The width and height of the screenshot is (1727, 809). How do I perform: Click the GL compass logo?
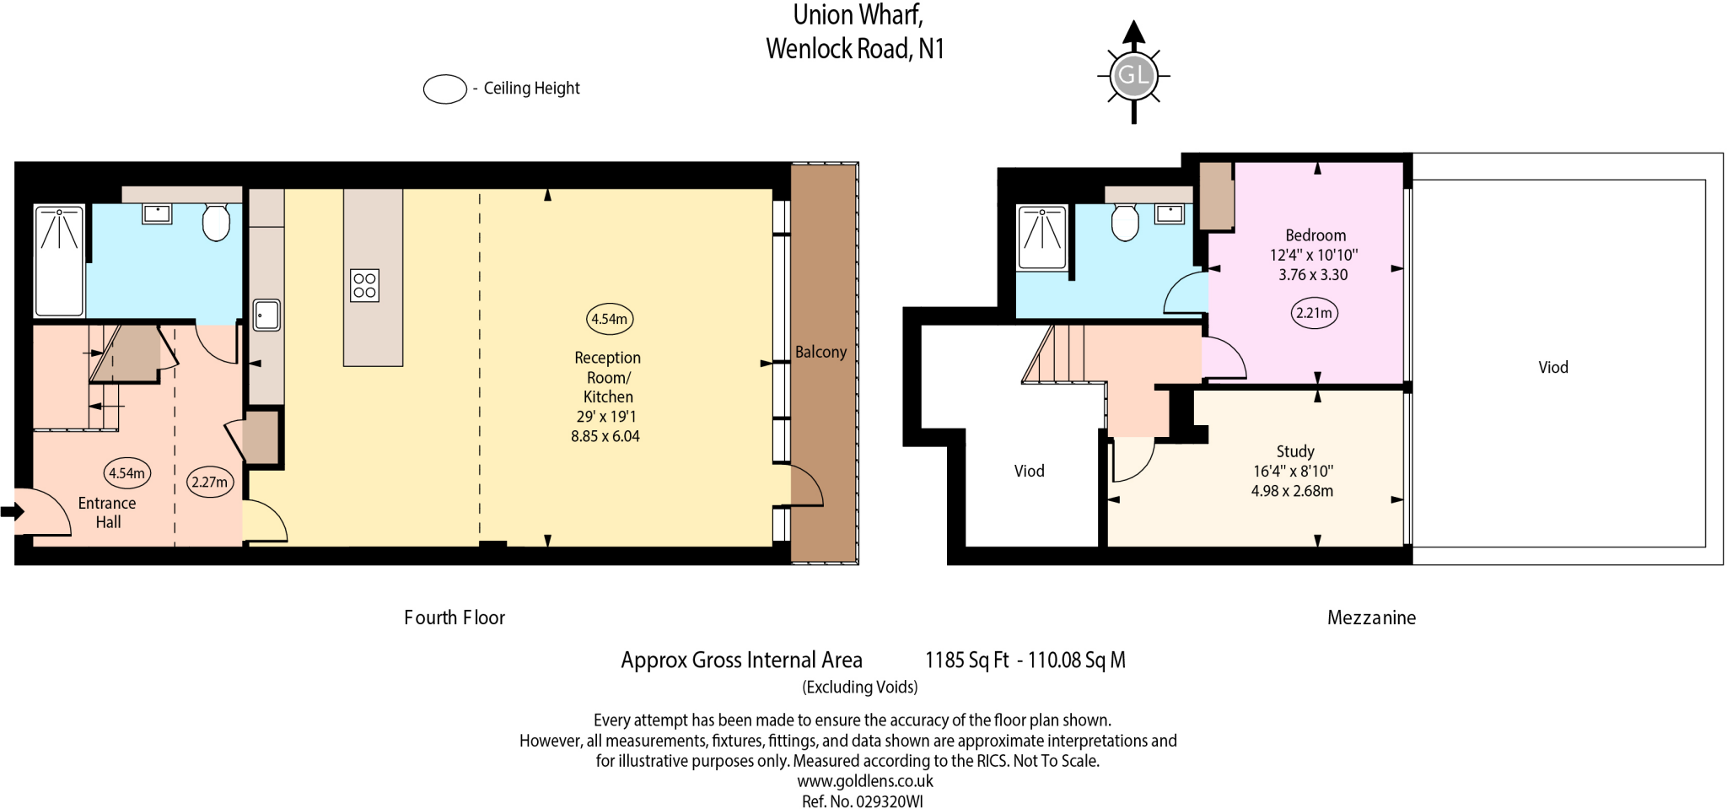(1133, 76)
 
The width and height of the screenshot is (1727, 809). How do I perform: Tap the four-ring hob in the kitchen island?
(364, 285)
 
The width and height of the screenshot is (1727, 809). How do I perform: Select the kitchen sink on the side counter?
(266, 315)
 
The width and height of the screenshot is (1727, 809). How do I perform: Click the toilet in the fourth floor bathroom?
(217, 221)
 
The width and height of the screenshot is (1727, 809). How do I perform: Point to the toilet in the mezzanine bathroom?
(1125, 223)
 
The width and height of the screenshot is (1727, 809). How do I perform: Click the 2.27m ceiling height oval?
(209, 482)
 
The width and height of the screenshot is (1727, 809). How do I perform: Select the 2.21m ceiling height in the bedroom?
(1314, 313)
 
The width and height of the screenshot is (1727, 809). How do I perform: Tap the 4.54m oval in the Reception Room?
(609, 319)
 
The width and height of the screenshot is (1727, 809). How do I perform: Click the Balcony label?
(820, 352)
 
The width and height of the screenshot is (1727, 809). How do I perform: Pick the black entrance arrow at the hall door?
(12, 511)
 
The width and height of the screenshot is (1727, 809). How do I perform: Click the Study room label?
(1294, 451)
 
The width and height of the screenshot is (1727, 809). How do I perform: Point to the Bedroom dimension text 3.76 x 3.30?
(1313, 274)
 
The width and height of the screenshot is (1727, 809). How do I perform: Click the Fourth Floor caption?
(454, 618)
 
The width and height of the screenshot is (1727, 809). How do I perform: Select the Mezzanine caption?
(1371, 618)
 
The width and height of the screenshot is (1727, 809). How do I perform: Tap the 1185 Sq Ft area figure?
(966, 660)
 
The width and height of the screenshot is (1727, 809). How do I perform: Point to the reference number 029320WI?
(889, 801)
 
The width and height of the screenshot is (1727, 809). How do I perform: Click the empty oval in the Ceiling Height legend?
(444, 89)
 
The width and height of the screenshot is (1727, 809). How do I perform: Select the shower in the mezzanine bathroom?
(1042, 237)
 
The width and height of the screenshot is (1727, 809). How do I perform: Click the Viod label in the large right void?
(1552, 367)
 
